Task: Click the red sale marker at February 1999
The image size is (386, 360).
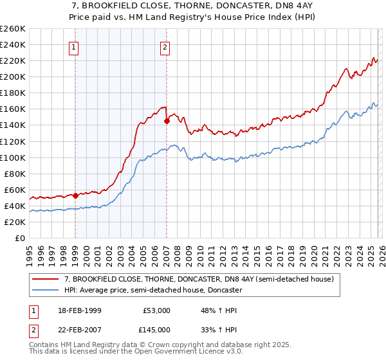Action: (x=75, y=195)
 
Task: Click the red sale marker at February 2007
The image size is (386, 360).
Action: (x=167, y=120)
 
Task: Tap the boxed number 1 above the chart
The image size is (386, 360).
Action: (x=75, y=46)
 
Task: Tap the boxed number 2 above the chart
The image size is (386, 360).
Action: (x=165, y=46)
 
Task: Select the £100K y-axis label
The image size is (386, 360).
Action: (x=14, y=157)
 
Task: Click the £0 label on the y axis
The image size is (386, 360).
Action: (x=20, y=238)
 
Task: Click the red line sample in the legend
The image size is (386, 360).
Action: (x=46, y=280)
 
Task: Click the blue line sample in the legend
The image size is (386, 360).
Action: (x=46, y=291)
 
